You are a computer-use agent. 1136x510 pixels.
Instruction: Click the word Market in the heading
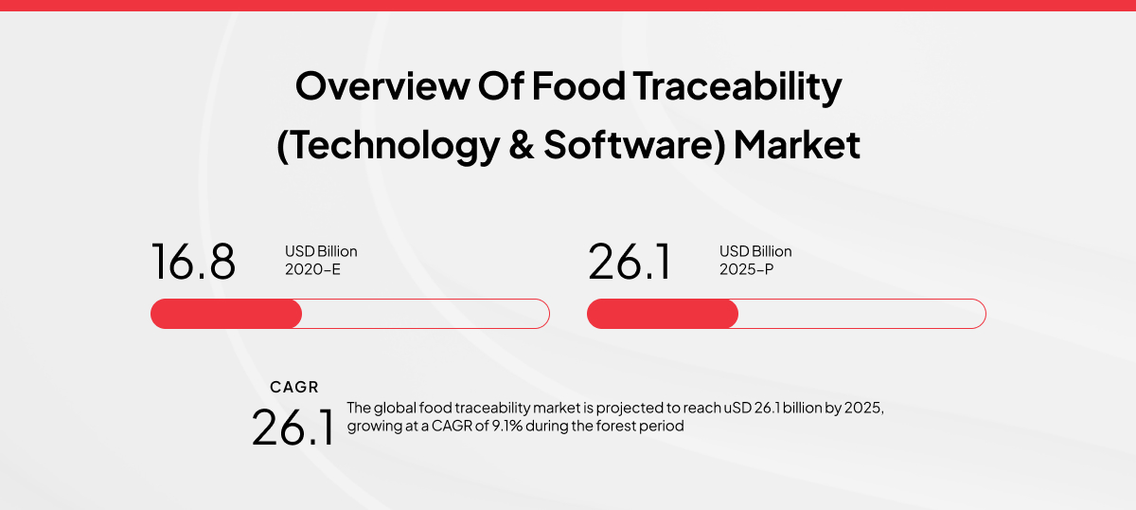(x=797, y=145)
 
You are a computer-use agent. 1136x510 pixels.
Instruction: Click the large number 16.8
(x=193, y=262)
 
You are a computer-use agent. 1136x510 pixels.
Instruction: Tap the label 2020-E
(x=312, y=268)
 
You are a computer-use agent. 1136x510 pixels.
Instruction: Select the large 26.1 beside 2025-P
(x=630, y=262)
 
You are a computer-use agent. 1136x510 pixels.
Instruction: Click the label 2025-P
(x=747, y=268)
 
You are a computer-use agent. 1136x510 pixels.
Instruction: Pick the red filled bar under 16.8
(x=226, y=314)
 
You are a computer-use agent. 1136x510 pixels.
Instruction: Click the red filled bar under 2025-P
(x=662, y=314)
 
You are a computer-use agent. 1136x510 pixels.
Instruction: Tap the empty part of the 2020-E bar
(x=426, y=314)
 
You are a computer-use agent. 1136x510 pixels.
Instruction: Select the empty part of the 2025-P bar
(x=861, y=314)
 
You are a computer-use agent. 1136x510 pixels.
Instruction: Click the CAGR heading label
(x=294, y=387)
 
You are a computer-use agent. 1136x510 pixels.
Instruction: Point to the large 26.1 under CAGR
(x=293, y=427)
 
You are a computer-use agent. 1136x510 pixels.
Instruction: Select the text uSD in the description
(x=736, y=408)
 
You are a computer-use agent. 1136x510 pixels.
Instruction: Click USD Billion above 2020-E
(x=321, y=251)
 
